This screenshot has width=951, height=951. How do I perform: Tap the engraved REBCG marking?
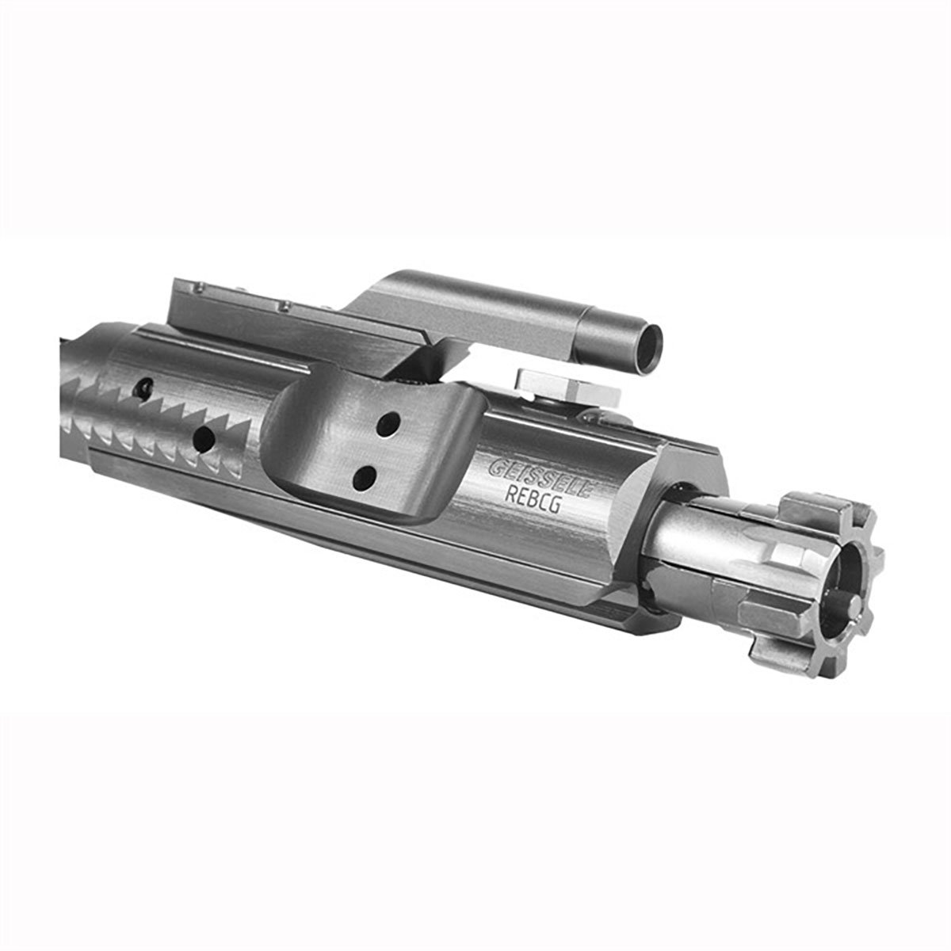pos(532,499)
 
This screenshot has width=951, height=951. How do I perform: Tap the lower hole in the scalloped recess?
pos(365,477)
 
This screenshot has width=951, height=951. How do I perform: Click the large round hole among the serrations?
pos(204,437)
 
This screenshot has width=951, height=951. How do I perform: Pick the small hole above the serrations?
pos(146,385)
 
